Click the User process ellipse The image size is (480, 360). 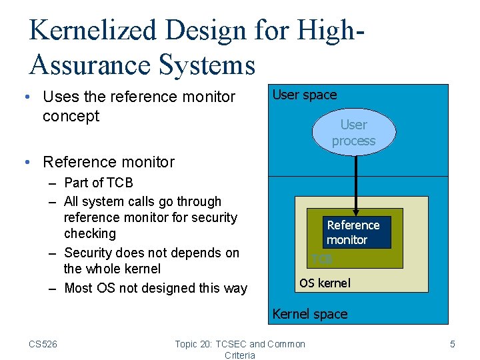tap(353, 133)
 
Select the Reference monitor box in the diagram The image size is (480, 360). tap(357, 232)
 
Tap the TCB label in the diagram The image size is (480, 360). tap(322, 259)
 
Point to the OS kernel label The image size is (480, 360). tap(325, 283)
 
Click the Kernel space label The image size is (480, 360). tap(310, 314)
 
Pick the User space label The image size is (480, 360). tap(305, 95)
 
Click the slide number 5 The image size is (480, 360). tap(453, 344)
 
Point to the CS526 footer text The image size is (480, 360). tap(43, 344)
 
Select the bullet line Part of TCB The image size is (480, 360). tap(99, 183)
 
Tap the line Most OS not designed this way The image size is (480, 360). tap(155, 288)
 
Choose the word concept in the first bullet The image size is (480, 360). tap(71, 116)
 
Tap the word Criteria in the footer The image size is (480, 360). tap(240, 355)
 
